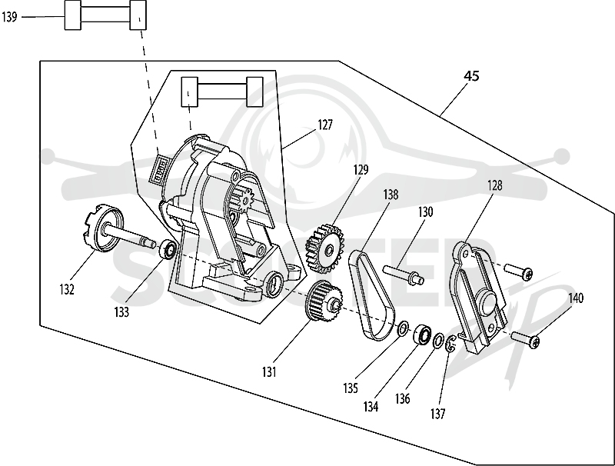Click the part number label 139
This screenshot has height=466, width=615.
click(9, 17)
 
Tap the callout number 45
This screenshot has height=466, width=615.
click(471, 75)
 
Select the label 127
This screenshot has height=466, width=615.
click(325, 125)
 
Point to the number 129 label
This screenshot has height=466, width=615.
click(361, 169)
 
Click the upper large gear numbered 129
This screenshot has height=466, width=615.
click(324, 248)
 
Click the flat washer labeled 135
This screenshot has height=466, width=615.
click(403, 328)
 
